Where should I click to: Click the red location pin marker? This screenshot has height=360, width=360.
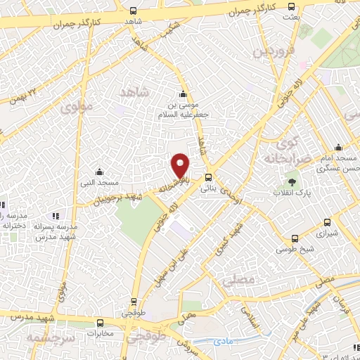(x=181, y=165)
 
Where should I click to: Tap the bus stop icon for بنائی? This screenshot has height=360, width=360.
(x=208, y=177)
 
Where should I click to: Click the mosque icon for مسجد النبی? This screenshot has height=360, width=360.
(x=99, y=172)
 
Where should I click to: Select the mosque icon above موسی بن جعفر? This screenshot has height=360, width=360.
(x=184, y=95)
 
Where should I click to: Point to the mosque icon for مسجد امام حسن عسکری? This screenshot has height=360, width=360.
(x=338, y=148)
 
